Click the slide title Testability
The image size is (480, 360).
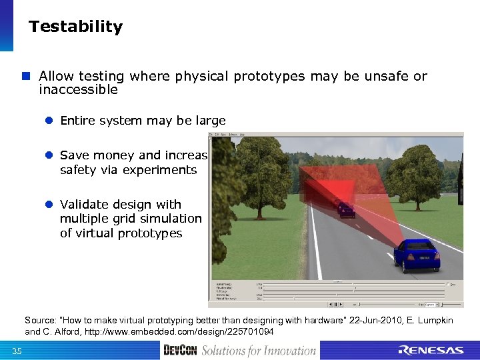point(75,27)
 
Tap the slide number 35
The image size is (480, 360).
point(17,351)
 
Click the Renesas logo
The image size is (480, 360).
point(431,350)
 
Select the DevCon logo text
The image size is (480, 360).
point(180,350)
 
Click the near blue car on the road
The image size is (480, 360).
point(417,255)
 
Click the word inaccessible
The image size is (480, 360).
point(78,89)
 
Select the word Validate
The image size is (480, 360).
point(86,204)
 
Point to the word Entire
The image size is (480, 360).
point(77,121)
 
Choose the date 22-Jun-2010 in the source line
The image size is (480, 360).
point(382,321)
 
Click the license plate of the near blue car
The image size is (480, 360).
point(425,257)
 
